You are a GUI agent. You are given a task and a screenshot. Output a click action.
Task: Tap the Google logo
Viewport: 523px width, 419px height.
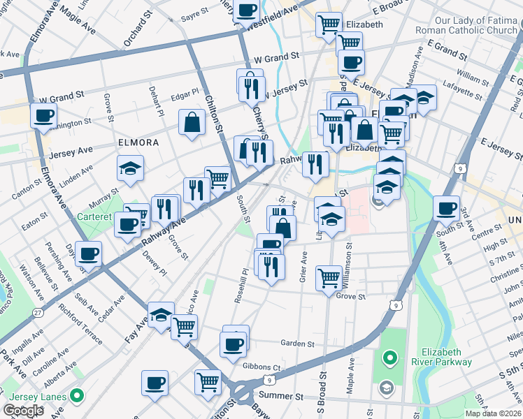[23, 410]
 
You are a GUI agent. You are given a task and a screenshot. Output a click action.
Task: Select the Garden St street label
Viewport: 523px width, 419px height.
[297, 343]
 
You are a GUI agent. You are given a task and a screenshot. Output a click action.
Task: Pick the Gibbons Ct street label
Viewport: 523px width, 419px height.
[261, 367]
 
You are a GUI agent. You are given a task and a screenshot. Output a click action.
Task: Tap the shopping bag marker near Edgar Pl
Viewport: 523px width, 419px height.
[192, 123]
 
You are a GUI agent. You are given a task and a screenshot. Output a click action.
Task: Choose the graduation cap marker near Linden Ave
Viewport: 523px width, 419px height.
[130, 169]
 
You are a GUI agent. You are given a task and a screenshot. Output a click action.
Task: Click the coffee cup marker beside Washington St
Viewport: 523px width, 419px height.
[43, 116]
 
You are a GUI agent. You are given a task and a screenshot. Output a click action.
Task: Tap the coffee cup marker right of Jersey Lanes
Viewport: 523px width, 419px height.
[155, 383]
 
